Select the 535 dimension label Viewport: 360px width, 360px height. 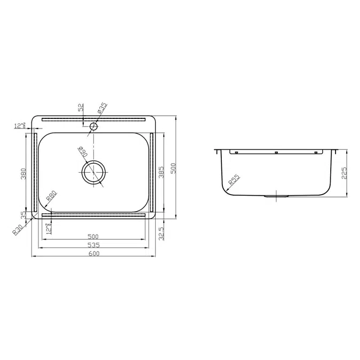pyautogui.click(x=94, y=245)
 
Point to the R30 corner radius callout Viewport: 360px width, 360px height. pyautogui.click(x=19, y=229)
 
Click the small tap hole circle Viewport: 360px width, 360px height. pyautogui.click(x=94, y=127)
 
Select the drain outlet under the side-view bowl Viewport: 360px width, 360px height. pyautogui.click(x=276, y=197)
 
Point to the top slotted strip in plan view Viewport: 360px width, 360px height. pyautogui.click(x=94, y=119)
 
